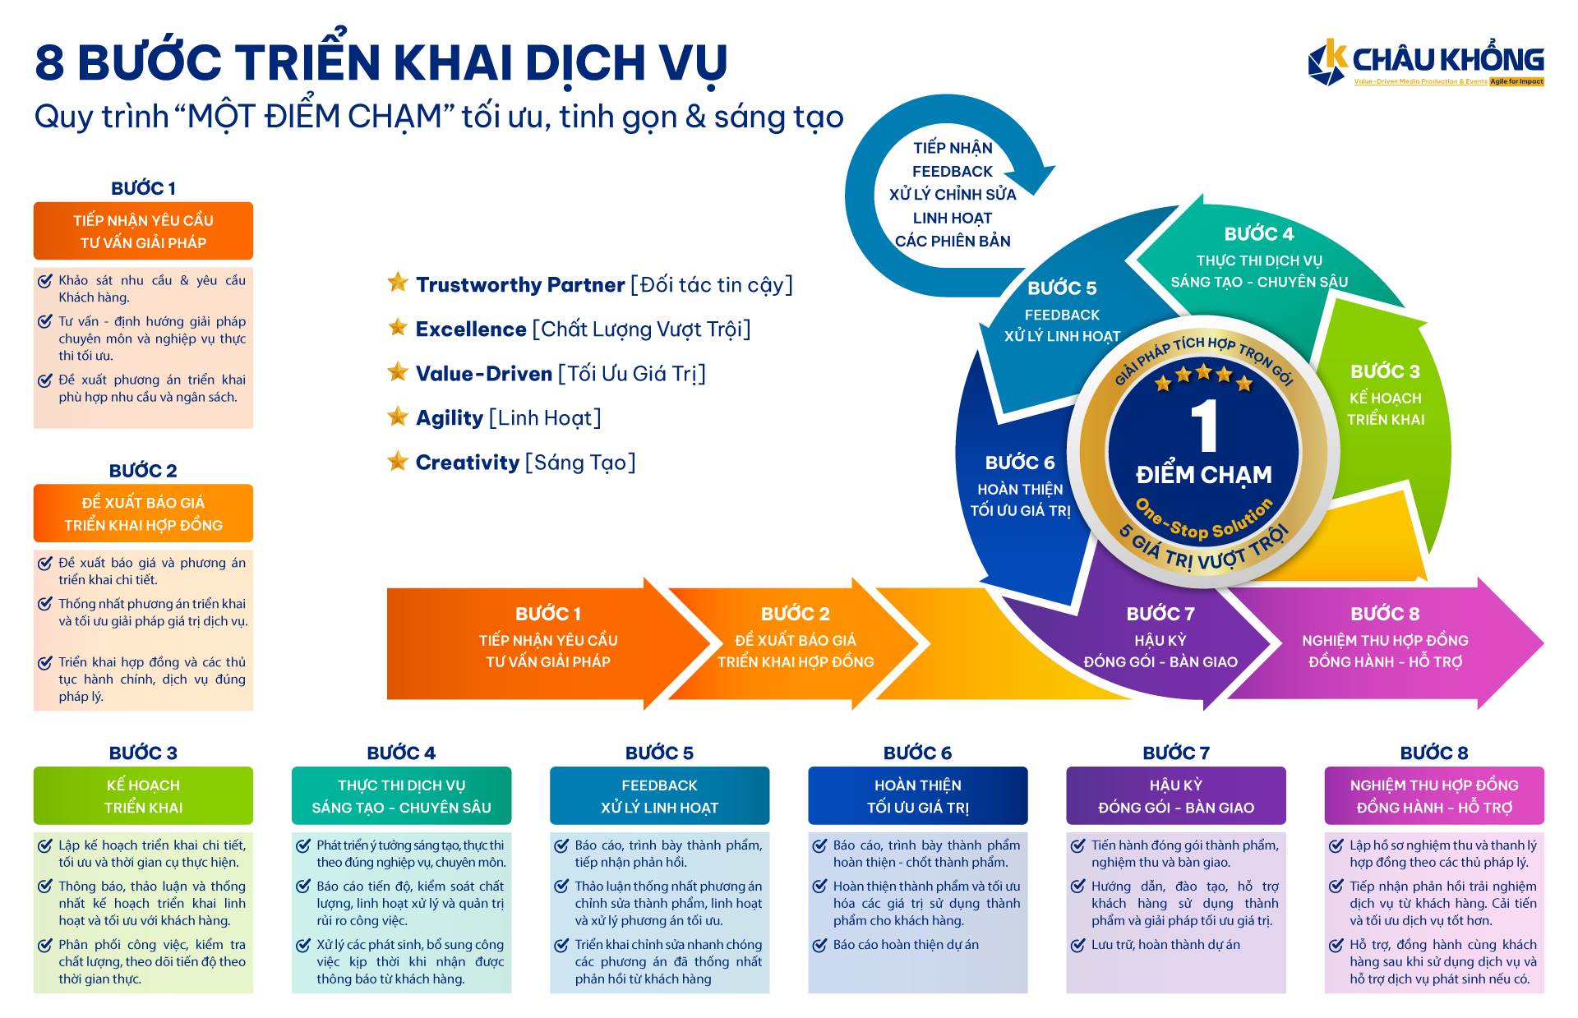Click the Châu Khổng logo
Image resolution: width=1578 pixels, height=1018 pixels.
click(1425, 62)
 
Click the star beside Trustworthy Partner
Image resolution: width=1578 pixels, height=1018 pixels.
click(398, 283)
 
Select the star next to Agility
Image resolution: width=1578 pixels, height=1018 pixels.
click(398, 417)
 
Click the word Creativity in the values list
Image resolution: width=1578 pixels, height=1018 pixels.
click(467, 463)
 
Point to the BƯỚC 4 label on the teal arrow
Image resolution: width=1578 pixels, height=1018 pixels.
click(1258, 234)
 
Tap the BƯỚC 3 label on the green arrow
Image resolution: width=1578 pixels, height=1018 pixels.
click(1385, 371)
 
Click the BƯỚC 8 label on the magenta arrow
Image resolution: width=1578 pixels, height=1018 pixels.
click(1385, 614)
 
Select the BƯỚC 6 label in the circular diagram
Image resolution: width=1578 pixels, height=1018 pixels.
click(1019, 463)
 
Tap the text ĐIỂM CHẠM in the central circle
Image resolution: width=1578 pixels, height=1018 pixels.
click(1203, 475)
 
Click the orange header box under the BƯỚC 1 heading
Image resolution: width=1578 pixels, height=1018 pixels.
click(143, 231)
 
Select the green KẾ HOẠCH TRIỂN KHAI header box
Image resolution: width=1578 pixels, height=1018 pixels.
click(143, 795)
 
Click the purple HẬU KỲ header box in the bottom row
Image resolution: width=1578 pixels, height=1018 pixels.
click(1175, 795)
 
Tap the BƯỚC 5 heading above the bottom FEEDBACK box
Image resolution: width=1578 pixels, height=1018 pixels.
click(659, 753)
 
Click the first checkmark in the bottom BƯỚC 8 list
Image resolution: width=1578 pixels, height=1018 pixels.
click(1336, 845)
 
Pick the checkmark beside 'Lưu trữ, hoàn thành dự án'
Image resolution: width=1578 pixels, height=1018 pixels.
click(1078, 946)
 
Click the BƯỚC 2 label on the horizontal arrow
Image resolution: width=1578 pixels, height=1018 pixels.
click(795, 614)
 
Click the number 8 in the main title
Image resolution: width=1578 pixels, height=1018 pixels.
click(49, 63)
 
